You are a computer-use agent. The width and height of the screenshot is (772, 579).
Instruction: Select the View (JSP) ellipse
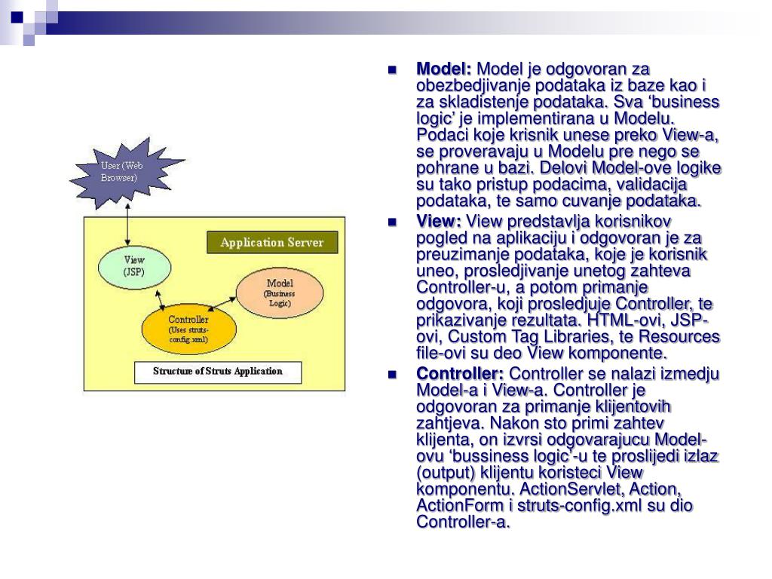point(134,266)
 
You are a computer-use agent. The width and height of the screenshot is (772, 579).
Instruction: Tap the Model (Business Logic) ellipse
point(280,293)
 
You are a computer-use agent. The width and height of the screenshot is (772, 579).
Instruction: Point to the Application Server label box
point(271,243)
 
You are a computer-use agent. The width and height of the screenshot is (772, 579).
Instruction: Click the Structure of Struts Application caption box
point(217,372)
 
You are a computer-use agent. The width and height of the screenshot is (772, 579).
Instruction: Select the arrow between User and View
point(129,224)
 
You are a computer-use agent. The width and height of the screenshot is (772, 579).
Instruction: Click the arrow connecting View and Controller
point(160,296)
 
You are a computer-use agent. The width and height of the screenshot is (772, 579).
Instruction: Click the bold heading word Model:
point(444,69)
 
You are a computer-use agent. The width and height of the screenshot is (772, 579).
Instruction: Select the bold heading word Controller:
point(461,375)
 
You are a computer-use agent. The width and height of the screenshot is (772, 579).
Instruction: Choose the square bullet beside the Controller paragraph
point(392,375)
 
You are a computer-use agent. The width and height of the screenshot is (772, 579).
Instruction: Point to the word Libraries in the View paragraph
point(581,336)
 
